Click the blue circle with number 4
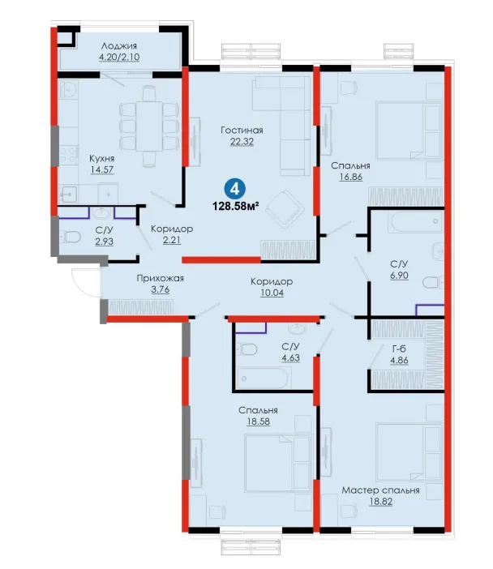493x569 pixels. [235, 189]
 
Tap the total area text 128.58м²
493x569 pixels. [235, 207]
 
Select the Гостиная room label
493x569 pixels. [242, 130]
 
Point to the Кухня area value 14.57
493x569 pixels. [102, 169]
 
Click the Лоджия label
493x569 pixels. [119, 45]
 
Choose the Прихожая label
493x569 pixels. [160, 278]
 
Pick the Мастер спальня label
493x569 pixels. [380, 490]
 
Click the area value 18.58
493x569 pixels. [258, 421]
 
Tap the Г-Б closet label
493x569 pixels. [399, 349]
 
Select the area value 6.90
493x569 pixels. [399, 276]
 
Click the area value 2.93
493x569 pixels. [104, 242]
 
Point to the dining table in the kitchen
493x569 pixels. [149, 126]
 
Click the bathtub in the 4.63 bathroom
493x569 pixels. [264, 379]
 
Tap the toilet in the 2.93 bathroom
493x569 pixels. [71, 237]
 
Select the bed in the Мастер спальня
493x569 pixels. [409, 451]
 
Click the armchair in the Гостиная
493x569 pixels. [285, 208]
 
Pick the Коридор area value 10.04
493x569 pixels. [272, 293]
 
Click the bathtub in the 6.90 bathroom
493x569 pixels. [416, 221]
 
